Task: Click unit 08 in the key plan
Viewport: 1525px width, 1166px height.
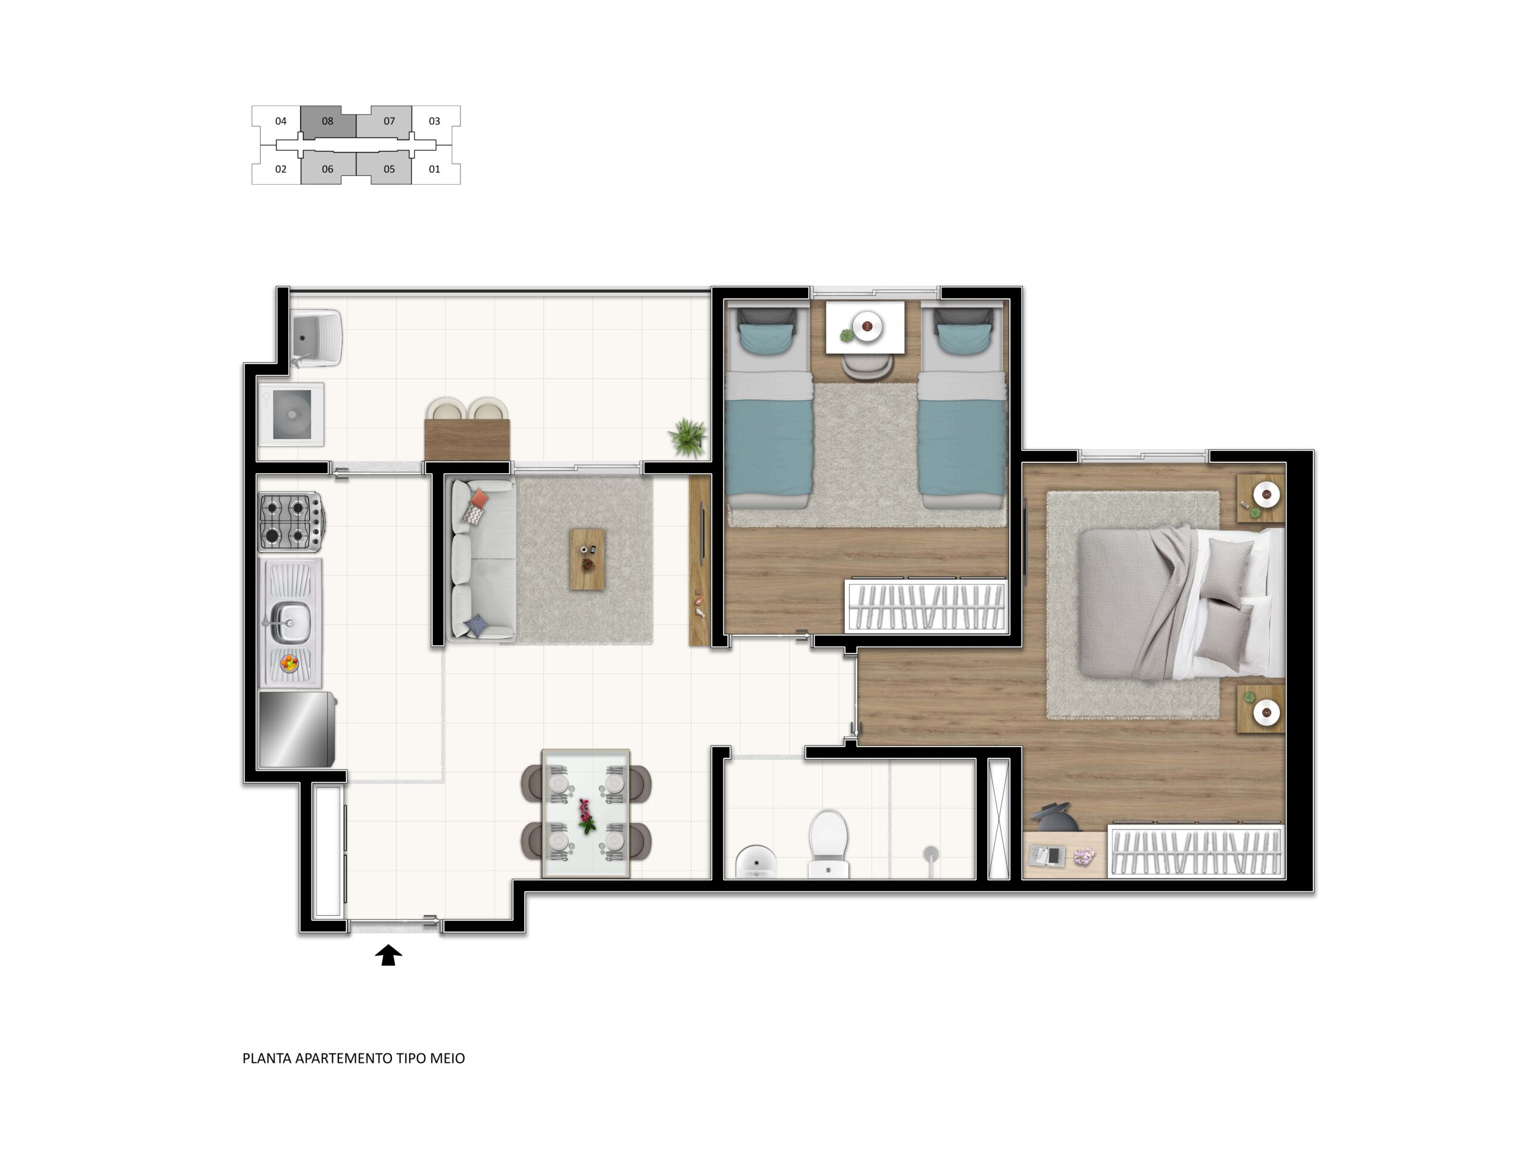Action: pyautogui.click(x=328, y=122)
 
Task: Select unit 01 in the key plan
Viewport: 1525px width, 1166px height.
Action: pyautogui.click(x=435, y=169)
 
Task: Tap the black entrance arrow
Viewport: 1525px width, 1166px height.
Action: pyautogui.click(x=388, y=955)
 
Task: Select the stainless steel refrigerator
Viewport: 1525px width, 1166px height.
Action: pyautogui.click(x=297, y=729)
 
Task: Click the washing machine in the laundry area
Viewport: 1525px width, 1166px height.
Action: pyautogui.click(x=291, y=414)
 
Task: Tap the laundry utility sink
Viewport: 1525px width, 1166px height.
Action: pyautogui.click(x=316, y=338)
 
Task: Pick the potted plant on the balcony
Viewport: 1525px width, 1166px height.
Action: pyautogui.click(x=687, y=437)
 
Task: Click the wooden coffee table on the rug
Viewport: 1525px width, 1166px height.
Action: pyautogui.click(x=587, y=559)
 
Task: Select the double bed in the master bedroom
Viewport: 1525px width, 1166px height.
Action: pyautogui.click(x=1181, y=602)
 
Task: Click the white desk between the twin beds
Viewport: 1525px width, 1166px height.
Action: pyautogui.click(x=864, y=328)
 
